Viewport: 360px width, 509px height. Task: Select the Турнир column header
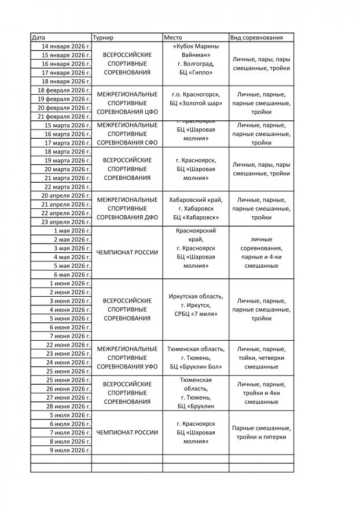click(x=103, y=38)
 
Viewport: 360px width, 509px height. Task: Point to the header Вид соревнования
click(x=256, y=38)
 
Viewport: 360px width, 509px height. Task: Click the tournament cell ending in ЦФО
click(x=127, y=103)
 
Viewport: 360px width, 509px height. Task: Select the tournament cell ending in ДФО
click(x=127, y=209)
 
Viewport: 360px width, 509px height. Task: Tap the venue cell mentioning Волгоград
click(x=195, y=60)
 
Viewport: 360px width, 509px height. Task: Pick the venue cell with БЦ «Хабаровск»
click(x=195, y=209)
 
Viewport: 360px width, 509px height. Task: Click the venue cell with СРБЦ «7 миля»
click(x=195, y=305)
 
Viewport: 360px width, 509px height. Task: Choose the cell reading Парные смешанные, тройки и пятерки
click(x=261, y=433)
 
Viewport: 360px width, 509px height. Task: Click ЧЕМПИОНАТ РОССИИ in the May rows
click(x=127, y=253)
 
